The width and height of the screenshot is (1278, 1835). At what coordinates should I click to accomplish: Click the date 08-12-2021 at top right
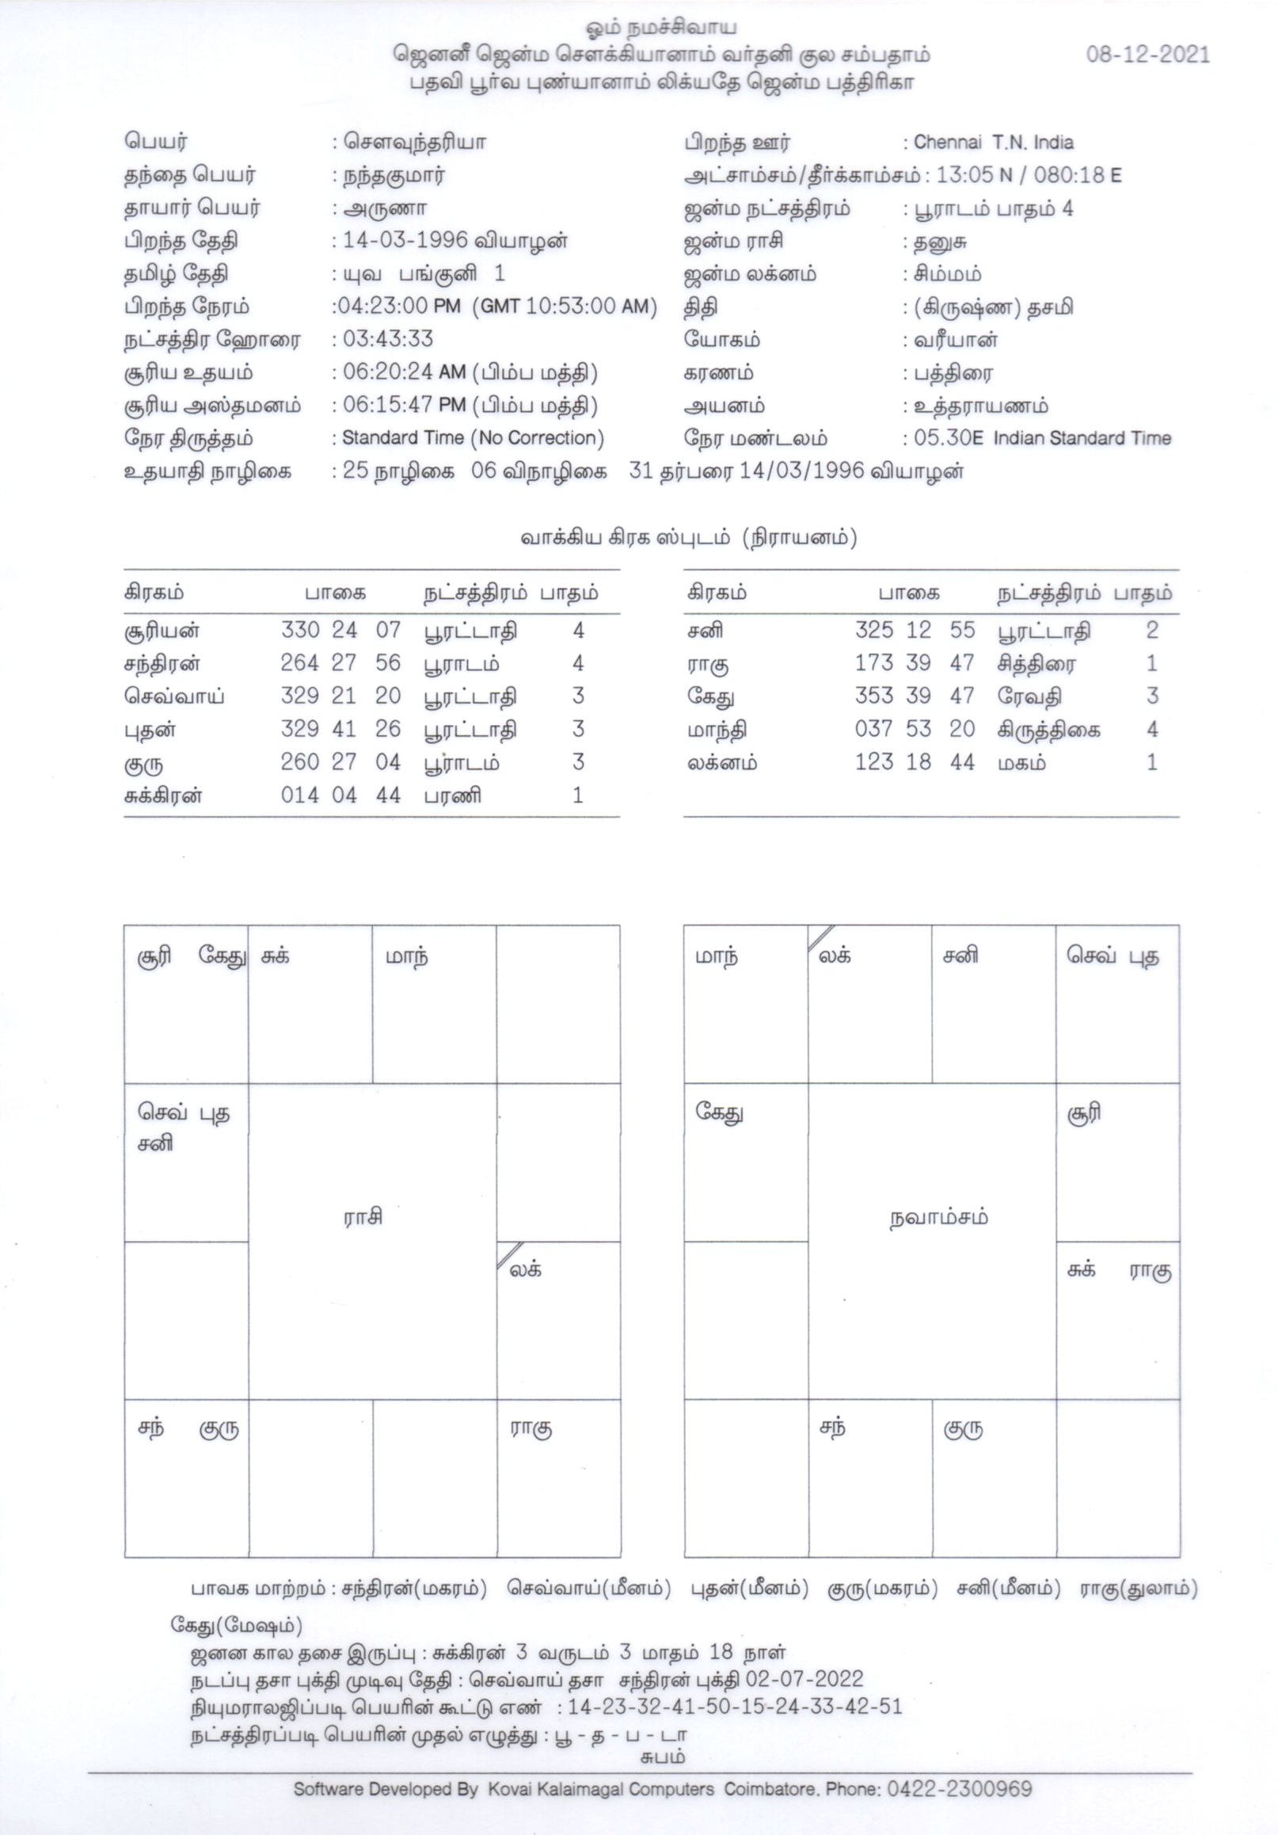point(1147,55)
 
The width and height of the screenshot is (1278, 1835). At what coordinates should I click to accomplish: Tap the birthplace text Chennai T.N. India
point(993,143)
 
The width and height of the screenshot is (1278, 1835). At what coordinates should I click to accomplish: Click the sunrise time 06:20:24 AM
point(404,373)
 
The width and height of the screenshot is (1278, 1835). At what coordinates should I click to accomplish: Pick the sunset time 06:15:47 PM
point(404,406)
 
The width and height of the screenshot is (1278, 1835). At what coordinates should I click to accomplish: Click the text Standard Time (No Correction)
point(473,438)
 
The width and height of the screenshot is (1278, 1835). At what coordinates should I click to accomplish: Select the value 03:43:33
point(388,340)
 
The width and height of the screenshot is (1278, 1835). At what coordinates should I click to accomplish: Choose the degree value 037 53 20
point(915,729)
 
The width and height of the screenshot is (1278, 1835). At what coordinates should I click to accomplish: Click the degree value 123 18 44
point(915,762)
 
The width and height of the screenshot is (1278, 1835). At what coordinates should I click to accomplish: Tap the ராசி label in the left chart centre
point(363,1217)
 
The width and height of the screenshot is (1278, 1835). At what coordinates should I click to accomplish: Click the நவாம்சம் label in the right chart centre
point(938,1218)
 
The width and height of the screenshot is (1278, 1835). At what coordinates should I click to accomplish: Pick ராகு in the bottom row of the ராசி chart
point(531,1429)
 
